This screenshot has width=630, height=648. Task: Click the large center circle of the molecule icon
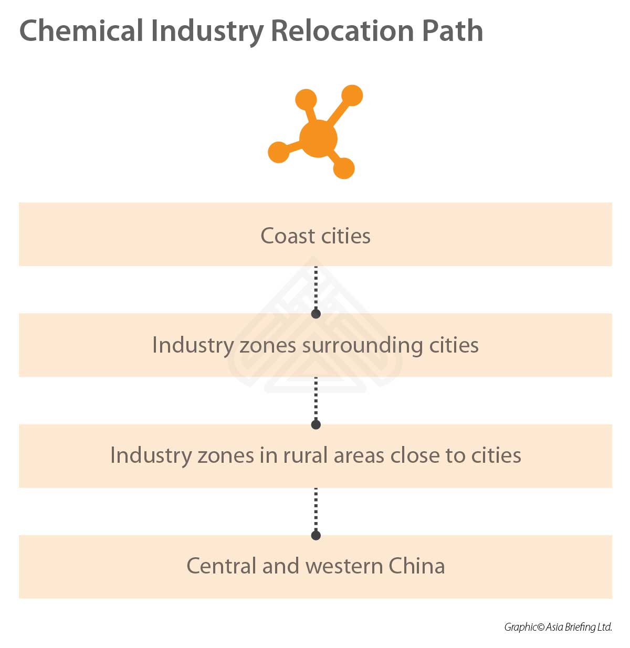[318, 139]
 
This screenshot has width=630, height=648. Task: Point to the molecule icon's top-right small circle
[352, 95]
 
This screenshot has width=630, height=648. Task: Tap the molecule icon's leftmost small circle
[279, 152]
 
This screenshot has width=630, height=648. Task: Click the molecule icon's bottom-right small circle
[344, 168]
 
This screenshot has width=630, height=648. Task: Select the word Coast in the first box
[287, 236]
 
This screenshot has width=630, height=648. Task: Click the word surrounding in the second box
[362, 345]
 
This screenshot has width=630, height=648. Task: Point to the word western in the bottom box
[344, 566]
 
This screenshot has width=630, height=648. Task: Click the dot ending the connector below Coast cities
[316, 314]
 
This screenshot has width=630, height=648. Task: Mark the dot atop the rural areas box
[316, 424]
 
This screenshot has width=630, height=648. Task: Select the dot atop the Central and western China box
[316, 535]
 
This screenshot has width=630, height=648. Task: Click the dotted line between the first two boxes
[316, 289]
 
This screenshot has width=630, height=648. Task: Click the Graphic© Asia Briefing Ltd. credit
[558, 627]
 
